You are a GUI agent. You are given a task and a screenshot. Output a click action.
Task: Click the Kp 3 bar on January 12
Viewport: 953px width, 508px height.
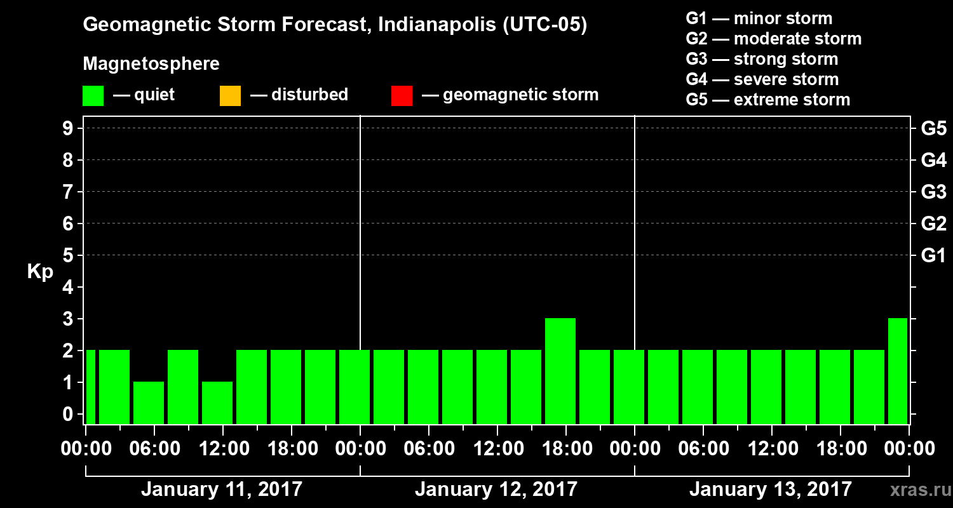click(x=560, y=370)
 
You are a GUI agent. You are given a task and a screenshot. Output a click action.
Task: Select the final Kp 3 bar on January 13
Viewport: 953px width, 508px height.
click(x=898, y=370)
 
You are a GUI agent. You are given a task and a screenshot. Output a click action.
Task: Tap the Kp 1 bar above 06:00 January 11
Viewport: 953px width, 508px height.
click(x=149, y=402)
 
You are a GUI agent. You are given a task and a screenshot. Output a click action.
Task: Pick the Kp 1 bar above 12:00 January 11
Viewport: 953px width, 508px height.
click(x=217, y=402)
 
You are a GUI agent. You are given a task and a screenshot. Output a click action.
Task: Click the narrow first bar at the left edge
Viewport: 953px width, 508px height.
click(x=90, y=386)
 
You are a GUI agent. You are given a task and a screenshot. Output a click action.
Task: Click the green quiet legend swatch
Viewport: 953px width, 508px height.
click(x=93, y=96)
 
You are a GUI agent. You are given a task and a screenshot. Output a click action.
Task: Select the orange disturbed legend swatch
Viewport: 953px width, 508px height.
click(x=230, y=96)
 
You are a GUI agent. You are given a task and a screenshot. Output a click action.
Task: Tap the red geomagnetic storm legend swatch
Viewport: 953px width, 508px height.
click(x=402, y=96)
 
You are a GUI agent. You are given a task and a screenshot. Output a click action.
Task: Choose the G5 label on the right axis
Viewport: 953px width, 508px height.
click(x=933, y=129)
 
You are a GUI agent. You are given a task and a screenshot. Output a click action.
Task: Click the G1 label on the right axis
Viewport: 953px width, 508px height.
click(x=933, y=256)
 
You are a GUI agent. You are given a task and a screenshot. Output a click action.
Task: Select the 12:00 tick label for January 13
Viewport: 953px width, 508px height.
click(x=771, y=449)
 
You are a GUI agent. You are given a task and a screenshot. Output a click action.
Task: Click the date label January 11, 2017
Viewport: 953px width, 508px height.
click(x=222, y=490)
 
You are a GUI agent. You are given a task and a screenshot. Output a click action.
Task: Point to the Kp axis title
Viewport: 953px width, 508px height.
click(x=39, y=272)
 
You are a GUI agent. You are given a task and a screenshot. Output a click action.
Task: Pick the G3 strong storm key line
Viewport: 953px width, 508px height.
click(x=762, y=59)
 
